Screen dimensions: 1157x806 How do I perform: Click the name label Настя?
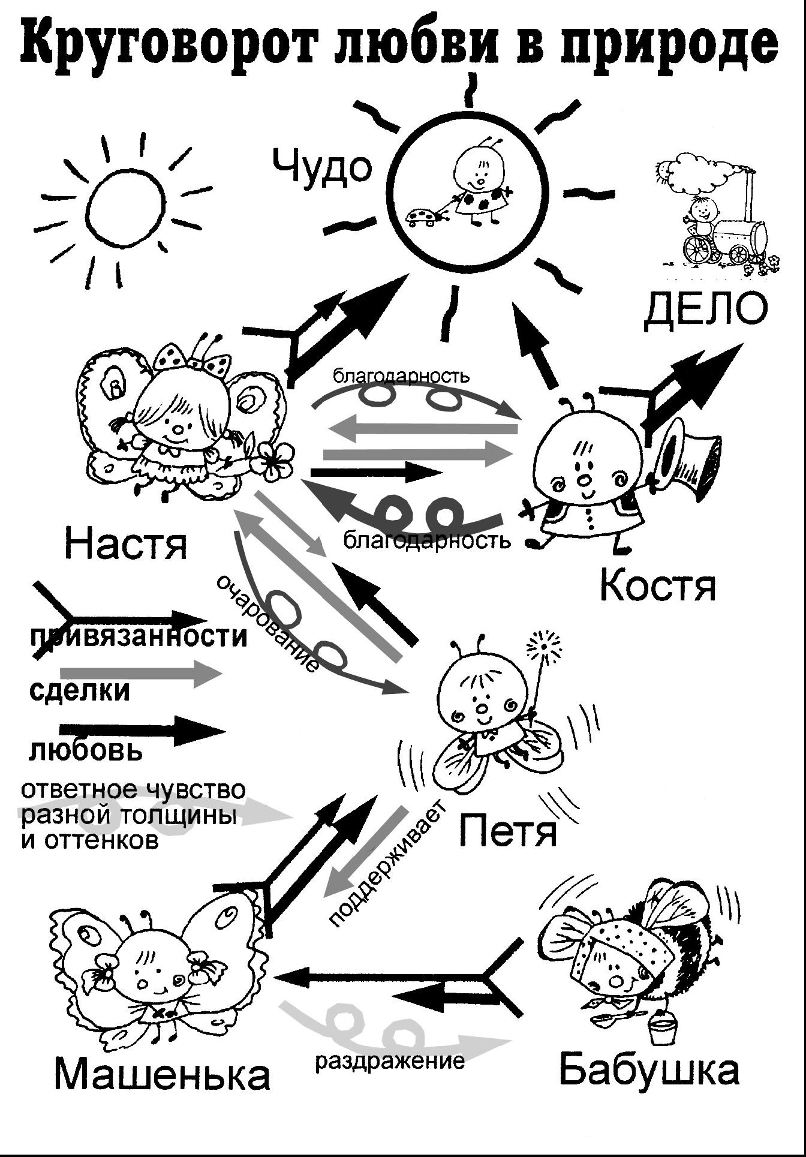click(125, 543)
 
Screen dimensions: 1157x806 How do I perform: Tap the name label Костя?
click(657, 585)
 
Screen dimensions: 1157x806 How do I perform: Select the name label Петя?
click(509, 830)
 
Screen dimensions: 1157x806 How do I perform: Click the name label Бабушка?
click(649, 1069)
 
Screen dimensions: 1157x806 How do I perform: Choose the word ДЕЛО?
click(705, 311)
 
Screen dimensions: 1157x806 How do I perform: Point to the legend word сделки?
click(79, 690)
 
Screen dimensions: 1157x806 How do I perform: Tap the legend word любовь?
click(86, 750)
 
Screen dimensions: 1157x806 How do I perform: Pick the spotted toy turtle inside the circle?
click(423, 217)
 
